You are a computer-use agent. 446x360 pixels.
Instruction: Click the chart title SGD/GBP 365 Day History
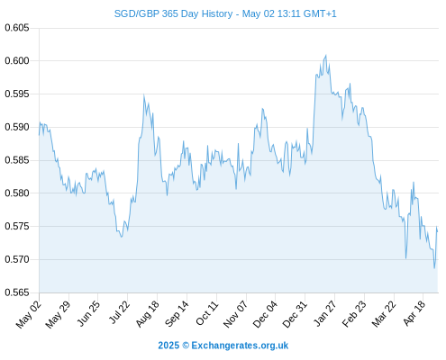click(x=173, y=13)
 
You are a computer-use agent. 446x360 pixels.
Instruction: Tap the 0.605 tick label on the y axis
click(x=17, y=28)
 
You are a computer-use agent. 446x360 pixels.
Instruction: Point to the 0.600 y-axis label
click(x=17, y=61)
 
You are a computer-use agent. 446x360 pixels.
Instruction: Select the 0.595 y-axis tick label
click(x=17, y=94)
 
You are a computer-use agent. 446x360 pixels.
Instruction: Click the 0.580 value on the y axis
click(x=17, y=193)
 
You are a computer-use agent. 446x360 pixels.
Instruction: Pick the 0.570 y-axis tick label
click(x=17, y=259)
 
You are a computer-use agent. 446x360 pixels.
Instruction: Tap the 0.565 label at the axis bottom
click(x=17, y=292)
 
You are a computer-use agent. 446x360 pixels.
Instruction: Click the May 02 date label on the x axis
click(x=29, y=313)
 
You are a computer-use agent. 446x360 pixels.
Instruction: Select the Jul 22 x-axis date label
click(x=119, y=312)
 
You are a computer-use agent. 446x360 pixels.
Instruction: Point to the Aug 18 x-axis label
click(x=148, y=313)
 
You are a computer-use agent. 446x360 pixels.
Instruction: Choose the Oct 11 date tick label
click(x=207, y=312)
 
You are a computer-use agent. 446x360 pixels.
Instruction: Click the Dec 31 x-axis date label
click(x=295, y=313)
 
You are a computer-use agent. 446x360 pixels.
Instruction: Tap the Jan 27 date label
click(x=325, y=313)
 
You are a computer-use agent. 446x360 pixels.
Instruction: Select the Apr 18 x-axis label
click(x=414, y=312)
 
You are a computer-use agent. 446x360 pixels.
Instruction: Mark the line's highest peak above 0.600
click(x=326, y=55)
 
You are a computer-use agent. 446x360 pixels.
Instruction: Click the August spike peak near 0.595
click(x=144, y=95)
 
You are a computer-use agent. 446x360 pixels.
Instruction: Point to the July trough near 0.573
click(x=122, y=237)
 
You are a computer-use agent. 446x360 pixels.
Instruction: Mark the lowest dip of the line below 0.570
click(x=434, y=268)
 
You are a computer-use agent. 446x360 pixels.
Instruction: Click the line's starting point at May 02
click(x=39, y=135)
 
